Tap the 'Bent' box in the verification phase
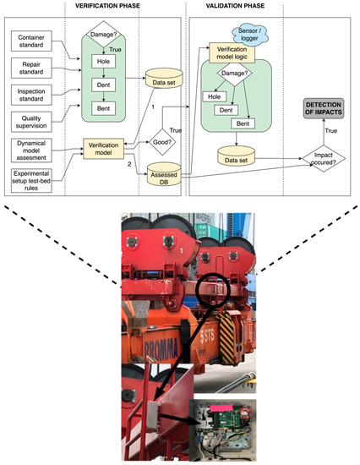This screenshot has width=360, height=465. click(x=102, y=107)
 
